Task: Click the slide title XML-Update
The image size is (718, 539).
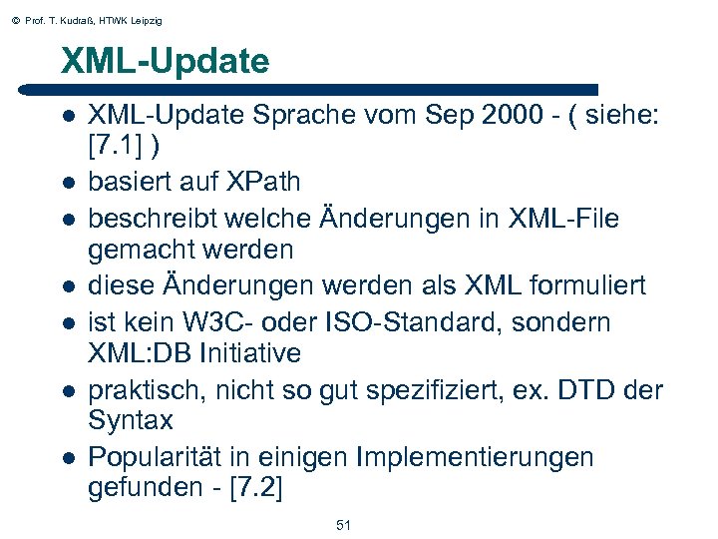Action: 165,62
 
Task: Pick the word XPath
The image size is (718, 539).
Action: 260,183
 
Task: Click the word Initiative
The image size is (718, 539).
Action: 251,353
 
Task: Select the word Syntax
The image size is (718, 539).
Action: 130,421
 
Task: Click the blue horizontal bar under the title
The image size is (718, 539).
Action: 329,90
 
